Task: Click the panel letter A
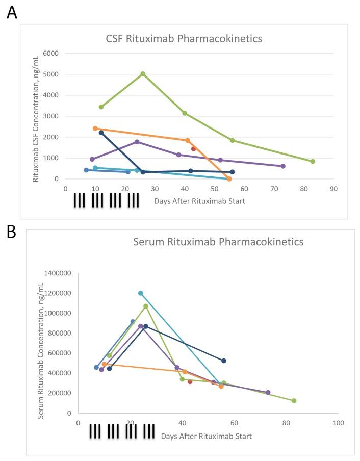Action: [12, 12]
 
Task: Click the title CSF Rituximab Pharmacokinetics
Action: [187, 38]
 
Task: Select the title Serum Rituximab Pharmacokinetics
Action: [218, 241]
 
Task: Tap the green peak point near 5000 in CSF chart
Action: [143, 74]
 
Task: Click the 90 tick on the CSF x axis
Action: [333, 189]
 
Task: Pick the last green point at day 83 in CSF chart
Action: [313, 161]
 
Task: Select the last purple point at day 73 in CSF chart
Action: [283, 166]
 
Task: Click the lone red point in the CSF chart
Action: [193, 149]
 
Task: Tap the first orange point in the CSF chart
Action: [95, 129]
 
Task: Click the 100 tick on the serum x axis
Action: [338, 423]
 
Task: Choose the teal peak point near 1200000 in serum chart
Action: [141, 293]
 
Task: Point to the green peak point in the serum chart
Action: [146, 306]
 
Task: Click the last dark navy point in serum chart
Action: [224, 361]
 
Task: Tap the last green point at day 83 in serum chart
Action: [294, 401]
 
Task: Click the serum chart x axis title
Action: [206, 437]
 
